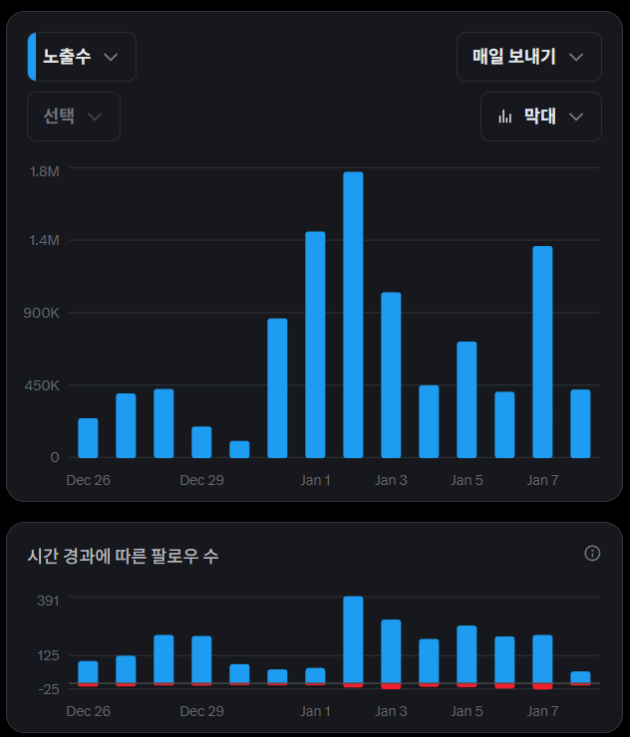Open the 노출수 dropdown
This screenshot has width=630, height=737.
(82, 57)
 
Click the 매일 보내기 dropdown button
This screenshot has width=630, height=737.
(528, 57)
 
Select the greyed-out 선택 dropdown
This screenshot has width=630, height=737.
(74, 117)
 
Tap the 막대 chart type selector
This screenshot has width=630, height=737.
(540, 117)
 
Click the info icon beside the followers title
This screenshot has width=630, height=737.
(592, 553)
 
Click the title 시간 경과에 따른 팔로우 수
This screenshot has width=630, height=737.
(123, 556)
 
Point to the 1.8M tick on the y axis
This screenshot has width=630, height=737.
(45, 171)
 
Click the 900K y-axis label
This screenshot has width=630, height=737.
(42, 313)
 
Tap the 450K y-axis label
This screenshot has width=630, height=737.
(42, 385)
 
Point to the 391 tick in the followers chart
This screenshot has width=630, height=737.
(49, 600)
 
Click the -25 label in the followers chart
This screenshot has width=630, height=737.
(49, 688)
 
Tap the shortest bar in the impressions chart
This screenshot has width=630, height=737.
(239, 449)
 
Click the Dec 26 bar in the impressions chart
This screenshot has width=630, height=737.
(88, 437)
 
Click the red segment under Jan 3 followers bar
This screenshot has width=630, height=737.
(391, 686)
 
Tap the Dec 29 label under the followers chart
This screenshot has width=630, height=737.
(201, 711)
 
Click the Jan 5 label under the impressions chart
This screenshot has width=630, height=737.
(467, 480)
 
